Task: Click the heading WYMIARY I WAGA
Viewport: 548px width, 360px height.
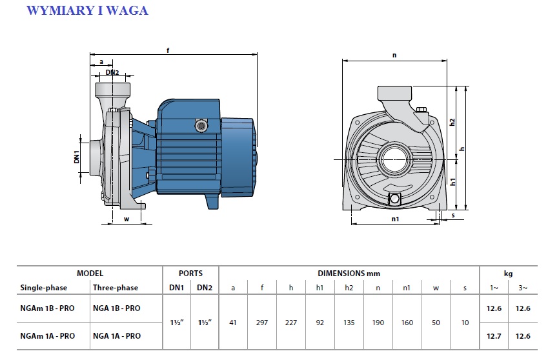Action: point(87,10)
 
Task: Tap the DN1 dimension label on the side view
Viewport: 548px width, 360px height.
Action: point(77,157)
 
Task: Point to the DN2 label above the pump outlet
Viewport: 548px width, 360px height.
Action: point(112,72)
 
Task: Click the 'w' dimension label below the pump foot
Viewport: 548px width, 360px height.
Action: point(127,219)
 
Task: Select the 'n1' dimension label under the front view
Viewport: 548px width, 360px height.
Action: point(395,219)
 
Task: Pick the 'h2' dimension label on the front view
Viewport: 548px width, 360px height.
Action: point(452,122)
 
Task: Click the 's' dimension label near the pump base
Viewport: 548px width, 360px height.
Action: point(453,215)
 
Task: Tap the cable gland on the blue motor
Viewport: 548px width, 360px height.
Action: point(201,125)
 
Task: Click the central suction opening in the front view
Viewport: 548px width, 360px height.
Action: point(395,159)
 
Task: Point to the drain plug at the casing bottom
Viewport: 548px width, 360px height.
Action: point(395,199)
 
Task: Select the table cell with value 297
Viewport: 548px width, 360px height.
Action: point(262,323)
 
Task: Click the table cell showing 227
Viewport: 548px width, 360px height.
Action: point(290,323)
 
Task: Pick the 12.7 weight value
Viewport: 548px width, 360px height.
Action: point(494,336)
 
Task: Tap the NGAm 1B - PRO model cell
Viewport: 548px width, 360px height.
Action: point(48,308)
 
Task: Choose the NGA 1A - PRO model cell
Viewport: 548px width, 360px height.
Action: point(117,336)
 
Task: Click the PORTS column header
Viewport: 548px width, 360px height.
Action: point(190,274)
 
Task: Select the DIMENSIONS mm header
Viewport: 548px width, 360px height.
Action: point(349,274)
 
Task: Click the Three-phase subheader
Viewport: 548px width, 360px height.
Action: point(116,288)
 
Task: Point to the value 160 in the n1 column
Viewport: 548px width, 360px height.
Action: point(407,323)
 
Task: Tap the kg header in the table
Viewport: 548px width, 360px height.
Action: point(508,274)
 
